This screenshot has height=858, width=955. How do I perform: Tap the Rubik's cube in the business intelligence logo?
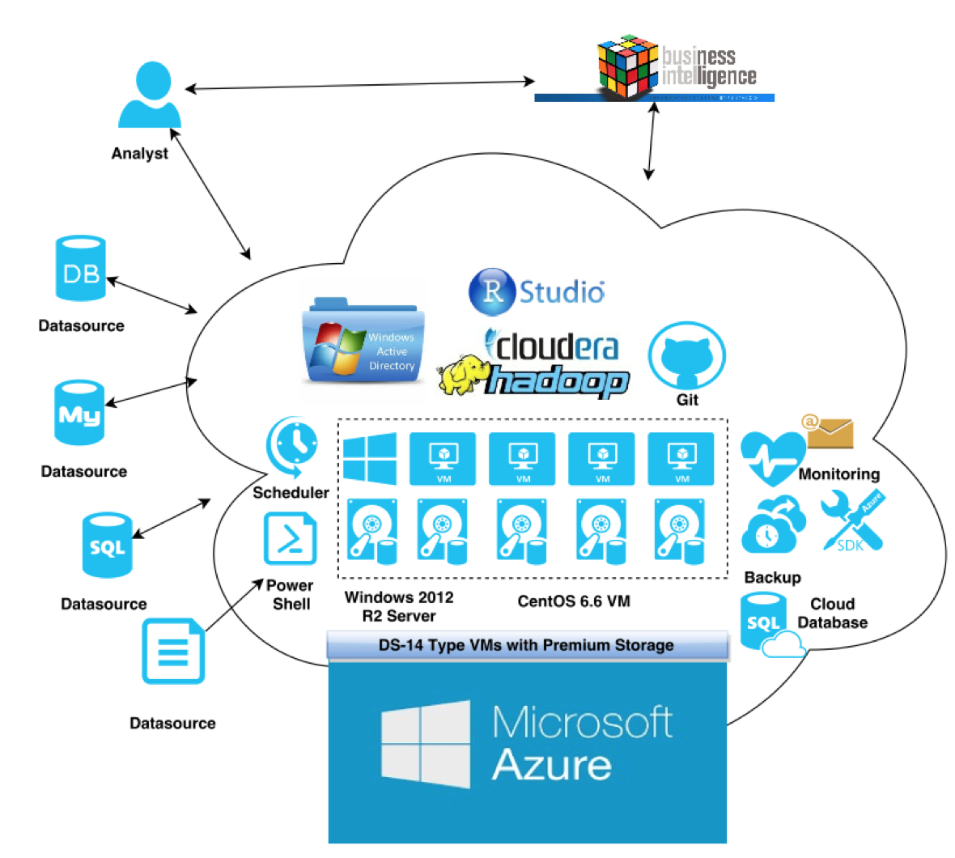point(626,66)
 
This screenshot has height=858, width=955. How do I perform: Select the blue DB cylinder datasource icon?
point(81,269)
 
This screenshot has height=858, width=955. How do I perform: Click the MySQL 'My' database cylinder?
point(79,413)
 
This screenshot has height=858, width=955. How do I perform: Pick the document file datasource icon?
point(173,652)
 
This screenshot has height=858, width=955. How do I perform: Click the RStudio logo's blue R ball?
point(491,291)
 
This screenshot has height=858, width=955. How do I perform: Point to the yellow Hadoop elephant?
point(464,374)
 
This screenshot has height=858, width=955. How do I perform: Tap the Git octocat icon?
point(686,356)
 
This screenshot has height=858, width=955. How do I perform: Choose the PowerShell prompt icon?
point(290,539)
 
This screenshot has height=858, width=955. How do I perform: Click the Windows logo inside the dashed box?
point(370,458)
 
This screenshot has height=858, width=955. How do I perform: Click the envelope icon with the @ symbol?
point(827,432)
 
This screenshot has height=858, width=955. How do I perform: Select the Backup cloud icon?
point(773,525)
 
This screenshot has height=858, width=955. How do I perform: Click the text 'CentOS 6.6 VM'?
point(574,601)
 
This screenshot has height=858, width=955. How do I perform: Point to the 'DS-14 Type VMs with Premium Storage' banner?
point(527,645)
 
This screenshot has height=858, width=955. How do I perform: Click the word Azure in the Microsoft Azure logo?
point(551,764)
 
